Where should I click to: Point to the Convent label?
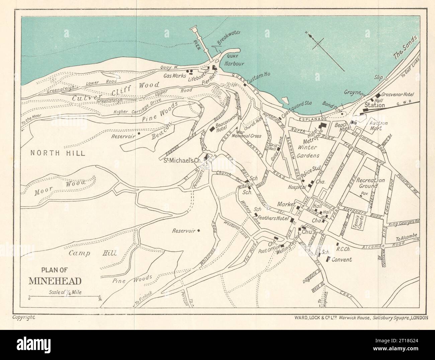(341, 259)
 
